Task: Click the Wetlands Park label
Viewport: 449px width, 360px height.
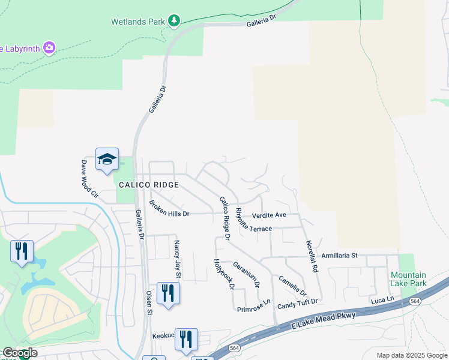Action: (x=137, y=22)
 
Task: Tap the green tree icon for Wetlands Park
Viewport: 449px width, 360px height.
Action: (x=174, y=22)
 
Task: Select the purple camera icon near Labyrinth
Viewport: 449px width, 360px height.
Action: (x=49, y=47)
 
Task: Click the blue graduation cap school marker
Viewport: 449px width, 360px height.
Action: (x=107, y=159)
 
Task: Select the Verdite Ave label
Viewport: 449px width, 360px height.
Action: (x=269, y=215)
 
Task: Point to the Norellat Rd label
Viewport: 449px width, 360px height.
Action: (x=311, y=256)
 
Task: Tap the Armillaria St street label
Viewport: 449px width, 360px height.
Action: (x=339, y=255)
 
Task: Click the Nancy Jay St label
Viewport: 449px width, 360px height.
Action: (x=176, y=259)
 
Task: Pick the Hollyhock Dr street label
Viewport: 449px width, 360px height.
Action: (x=223, y=274)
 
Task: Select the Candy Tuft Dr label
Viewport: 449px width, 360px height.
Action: (x=297, y=306)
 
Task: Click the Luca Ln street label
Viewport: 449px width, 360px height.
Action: (x=382, y=299)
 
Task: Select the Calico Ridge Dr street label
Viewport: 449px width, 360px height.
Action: (x=224, y=218)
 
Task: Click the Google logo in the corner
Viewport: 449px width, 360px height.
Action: (x=20, y=353)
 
